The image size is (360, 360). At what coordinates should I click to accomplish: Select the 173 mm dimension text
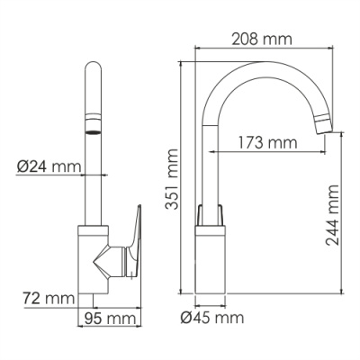(x=267, y=141)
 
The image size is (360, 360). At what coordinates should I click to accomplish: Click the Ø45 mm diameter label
(x=211, y=318)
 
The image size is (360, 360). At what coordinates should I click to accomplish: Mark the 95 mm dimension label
(x=110, y=318)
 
